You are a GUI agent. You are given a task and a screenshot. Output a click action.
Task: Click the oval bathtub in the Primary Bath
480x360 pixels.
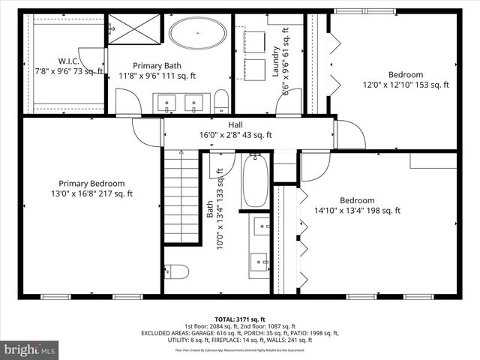198,34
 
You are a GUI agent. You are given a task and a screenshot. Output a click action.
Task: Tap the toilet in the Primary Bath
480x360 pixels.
221,100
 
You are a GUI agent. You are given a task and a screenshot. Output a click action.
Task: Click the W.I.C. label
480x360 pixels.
73,61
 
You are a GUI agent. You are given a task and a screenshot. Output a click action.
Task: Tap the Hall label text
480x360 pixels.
235,125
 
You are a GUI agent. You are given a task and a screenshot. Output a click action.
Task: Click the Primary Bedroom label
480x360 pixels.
92,183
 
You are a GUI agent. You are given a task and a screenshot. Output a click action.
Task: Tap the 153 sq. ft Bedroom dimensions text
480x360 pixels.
405,85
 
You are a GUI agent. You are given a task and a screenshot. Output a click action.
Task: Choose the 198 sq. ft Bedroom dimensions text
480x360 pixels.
357,211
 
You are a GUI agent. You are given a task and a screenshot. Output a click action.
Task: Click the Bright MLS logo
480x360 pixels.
30,349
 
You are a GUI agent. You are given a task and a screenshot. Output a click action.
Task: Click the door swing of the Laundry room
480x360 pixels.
289,103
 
